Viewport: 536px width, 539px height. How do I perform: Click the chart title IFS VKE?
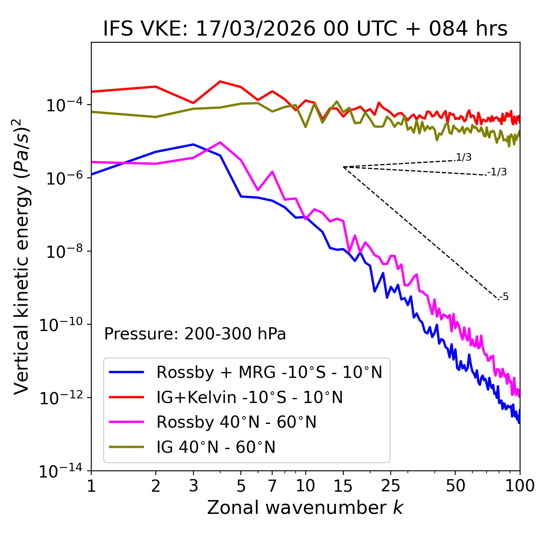pos(305,29)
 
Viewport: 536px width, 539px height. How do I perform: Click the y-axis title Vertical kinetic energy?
pos(22,256)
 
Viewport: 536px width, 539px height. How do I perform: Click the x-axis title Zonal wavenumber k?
pos(305,507)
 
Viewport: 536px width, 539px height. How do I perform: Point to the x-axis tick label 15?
pos(343,486)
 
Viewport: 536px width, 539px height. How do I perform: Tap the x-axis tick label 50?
pos(456,486)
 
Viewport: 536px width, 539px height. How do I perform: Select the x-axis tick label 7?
pos(272,486)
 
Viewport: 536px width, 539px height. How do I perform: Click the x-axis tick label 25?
pos(391,486)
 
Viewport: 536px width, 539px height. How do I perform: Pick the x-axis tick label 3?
pos(193,486)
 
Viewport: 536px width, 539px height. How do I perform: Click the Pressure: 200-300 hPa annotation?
pos(195,334)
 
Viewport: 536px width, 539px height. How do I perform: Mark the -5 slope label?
pos(504,297)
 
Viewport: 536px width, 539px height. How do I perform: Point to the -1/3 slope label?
pos(497,172)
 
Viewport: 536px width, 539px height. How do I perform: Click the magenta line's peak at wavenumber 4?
pos(220,142)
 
